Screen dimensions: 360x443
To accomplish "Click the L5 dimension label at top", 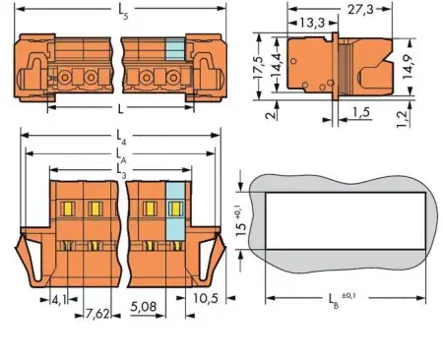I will [x=121, y=12].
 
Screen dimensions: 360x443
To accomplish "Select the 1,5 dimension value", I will [x=362, y=114].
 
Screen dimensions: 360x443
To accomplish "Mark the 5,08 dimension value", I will [x=145, y=307].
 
